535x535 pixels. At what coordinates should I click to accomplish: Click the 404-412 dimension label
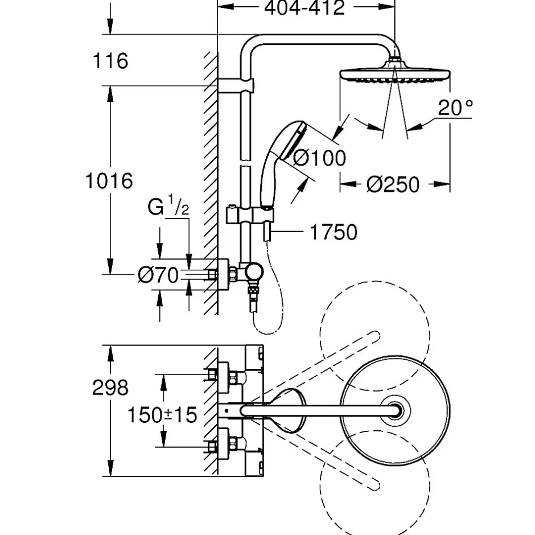point(304,7)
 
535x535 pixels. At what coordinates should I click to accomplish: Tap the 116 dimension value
point(110,61)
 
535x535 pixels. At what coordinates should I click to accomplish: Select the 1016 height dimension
point(109,180)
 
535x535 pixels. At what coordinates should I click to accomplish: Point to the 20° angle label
point(455,107)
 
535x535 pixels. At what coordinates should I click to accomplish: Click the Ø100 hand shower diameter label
point(319,158)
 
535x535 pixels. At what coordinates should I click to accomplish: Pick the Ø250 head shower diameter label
point(393,184)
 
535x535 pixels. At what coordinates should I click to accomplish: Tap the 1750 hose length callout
point(334,232)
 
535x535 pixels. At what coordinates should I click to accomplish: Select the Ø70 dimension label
point(158,275)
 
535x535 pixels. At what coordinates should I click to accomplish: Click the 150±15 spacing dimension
point(162,414)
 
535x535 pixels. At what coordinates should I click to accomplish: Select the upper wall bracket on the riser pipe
point(236,85)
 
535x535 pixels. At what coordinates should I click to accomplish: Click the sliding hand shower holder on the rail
point(250,215)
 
